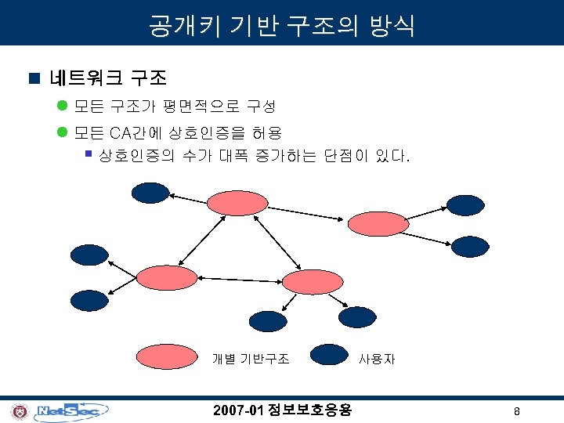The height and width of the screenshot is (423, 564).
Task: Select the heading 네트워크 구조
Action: click(x=107, y=78)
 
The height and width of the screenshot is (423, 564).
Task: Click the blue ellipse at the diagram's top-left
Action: click(x=150, y=192)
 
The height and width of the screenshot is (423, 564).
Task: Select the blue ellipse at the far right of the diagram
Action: click(x=472, y=247)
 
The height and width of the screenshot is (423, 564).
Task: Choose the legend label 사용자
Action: click(x=377, y=360)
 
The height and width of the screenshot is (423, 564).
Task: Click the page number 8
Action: click(x=517, y=411)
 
